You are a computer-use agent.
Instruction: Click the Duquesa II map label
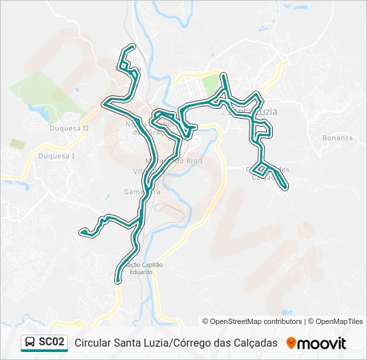pyautogui.click(x=69, y=128)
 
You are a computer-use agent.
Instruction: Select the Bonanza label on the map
pyautogui.click(x=337, y=138)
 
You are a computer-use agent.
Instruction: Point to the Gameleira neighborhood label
pyautogui.click(x=141, y=192)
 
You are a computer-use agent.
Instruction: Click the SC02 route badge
pyautogui.click(x=51, y=342)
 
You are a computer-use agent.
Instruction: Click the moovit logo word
pyautogui.click(x=322, y=343)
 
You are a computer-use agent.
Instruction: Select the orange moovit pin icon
pyautogui.click(x=291, y=343)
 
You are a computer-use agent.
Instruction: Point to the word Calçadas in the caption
pyautogui.click(x=255, y=343)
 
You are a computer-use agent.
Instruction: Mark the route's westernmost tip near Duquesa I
pyautogui.click(x=82, y=232)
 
